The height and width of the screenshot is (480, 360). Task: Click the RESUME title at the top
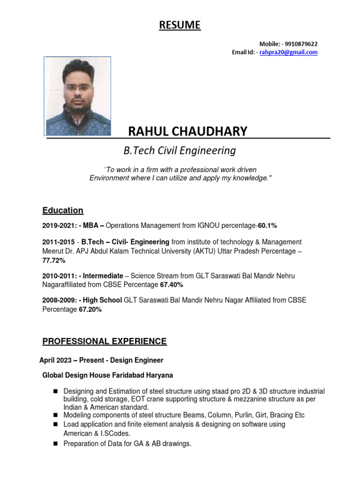tap(180, 25)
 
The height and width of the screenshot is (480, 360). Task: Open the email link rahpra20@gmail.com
tap(288, 52)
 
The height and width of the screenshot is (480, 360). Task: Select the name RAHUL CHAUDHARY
tap(187, 132)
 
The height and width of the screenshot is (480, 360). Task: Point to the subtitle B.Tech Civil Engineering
tap(179, 151)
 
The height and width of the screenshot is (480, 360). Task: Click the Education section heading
tap(63, 210)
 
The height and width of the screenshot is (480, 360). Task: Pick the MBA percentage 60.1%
tap(267, 226)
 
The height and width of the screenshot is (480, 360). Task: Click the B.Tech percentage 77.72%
tap(54, 260)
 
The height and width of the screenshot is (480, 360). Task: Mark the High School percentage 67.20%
tap(89, 309)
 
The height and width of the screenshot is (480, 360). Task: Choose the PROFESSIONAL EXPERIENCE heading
tap(105, 342)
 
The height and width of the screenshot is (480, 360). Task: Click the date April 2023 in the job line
tap(55, 360)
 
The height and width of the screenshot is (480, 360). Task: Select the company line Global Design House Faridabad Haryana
tap(107, 375)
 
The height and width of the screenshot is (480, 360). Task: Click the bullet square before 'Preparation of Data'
tap(55, 444)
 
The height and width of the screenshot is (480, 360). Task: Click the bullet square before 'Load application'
tap(55, 424)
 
